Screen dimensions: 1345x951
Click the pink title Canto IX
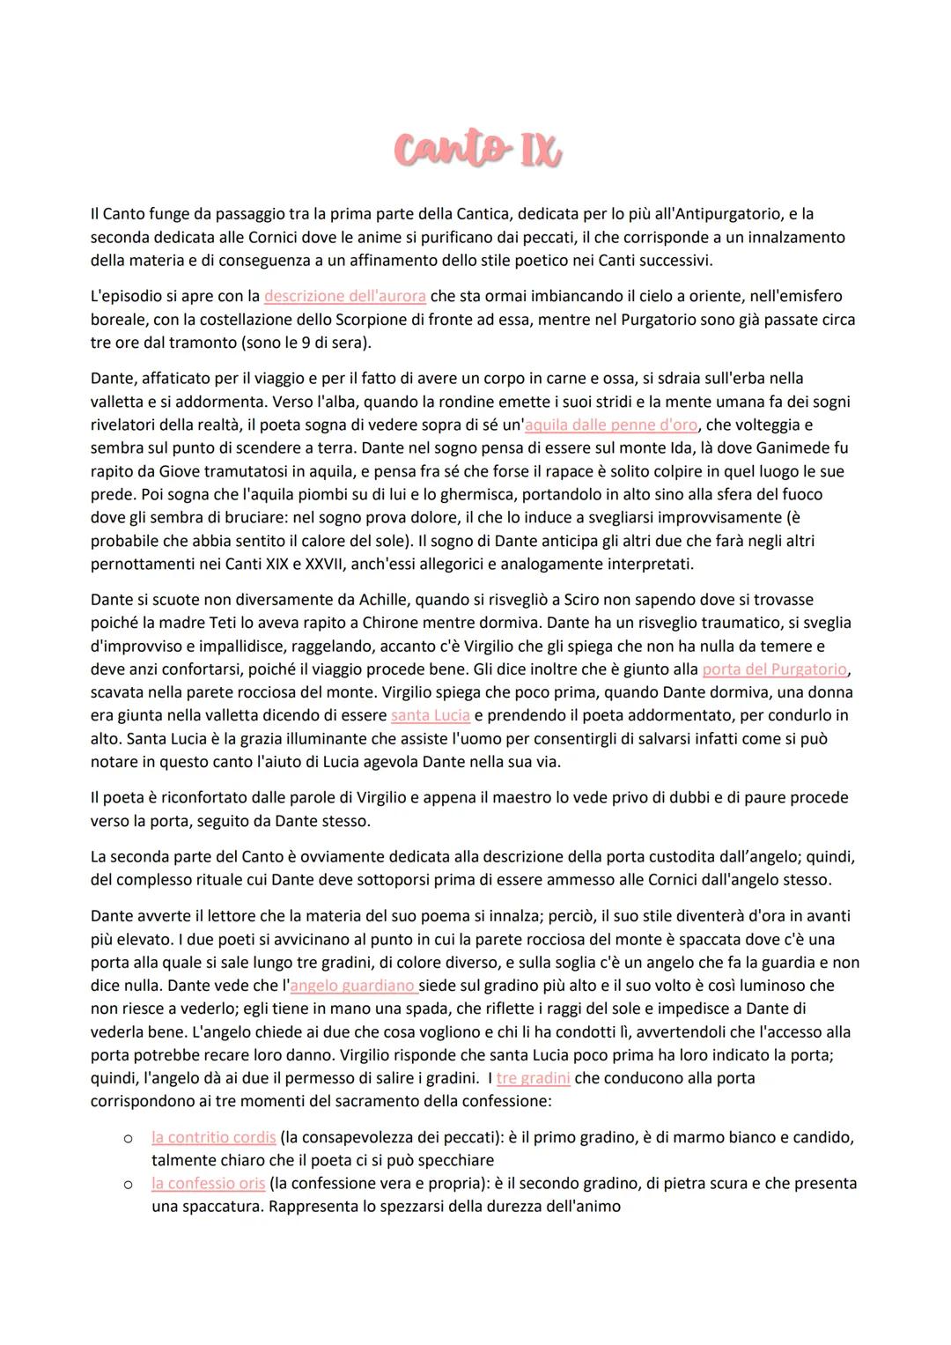pos(477,151)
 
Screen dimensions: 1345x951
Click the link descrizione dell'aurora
pos(344,297)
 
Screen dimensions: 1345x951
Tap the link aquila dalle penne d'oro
pos(611,425)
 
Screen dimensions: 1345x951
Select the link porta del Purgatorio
pos(774,669)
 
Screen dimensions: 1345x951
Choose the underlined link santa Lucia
pos(430,715)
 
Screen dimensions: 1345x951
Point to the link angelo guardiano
pos(352,986)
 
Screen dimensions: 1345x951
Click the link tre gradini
pos(533,1078)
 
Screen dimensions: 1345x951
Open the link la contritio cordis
pos(213,1137)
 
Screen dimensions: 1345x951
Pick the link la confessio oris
pos(208,1183)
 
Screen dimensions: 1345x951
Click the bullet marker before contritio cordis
pos(128,1139)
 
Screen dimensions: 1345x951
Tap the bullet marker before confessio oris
pos(128,1185)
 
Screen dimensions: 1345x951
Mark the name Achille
pos(382,600)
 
